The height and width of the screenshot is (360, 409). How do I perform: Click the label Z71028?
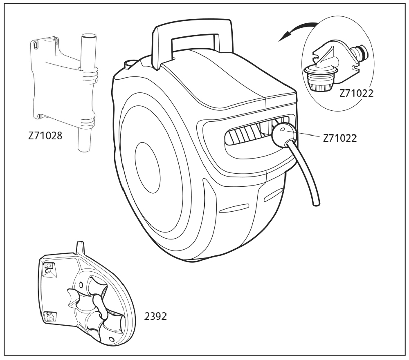pos(45,136)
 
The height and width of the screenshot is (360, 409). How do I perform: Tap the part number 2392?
pos(155,316)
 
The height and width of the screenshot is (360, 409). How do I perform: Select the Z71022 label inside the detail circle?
pos(356,94)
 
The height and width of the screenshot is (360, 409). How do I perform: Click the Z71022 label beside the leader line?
pos(339,138)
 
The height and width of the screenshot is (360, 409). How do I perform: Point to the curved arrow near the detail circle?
pos(297,29)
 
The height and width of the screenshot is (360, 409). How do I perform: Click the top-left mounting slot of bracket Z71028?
pos(36,44)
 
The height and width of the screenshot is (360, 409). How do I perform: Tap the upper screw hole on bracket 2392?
pos(49,266)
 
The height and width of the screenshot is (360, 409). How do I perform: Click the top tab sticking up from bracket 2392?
pos(80,248)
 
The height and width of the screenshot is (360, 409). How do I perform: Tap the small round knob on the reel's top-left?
pos(130,63)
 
